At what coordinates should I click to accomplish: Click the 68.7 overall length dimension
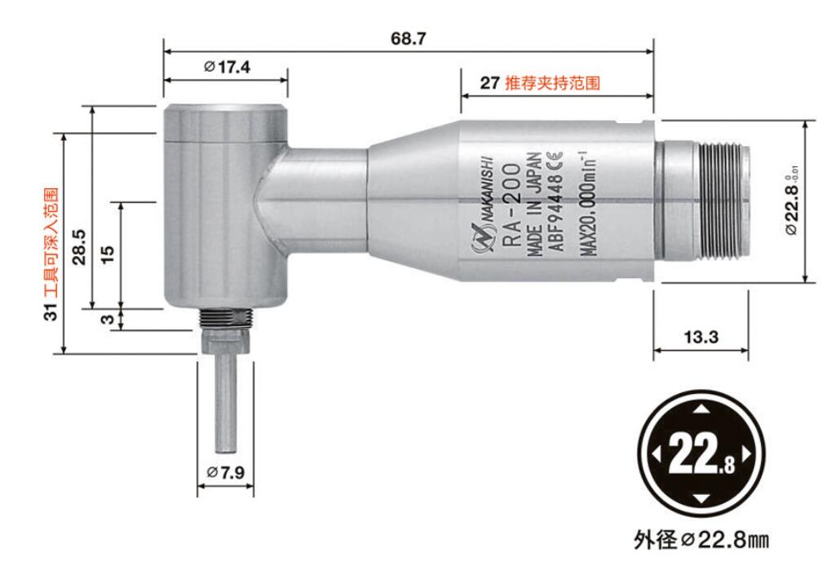tap(409, 38)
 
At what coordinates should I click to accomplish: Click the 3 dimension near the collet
tap(107, 320)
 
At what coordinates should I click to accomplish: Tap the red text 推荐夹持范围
tap(552, 83)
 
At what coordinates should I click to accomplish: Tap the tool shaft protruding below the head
tap(224, 400)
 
